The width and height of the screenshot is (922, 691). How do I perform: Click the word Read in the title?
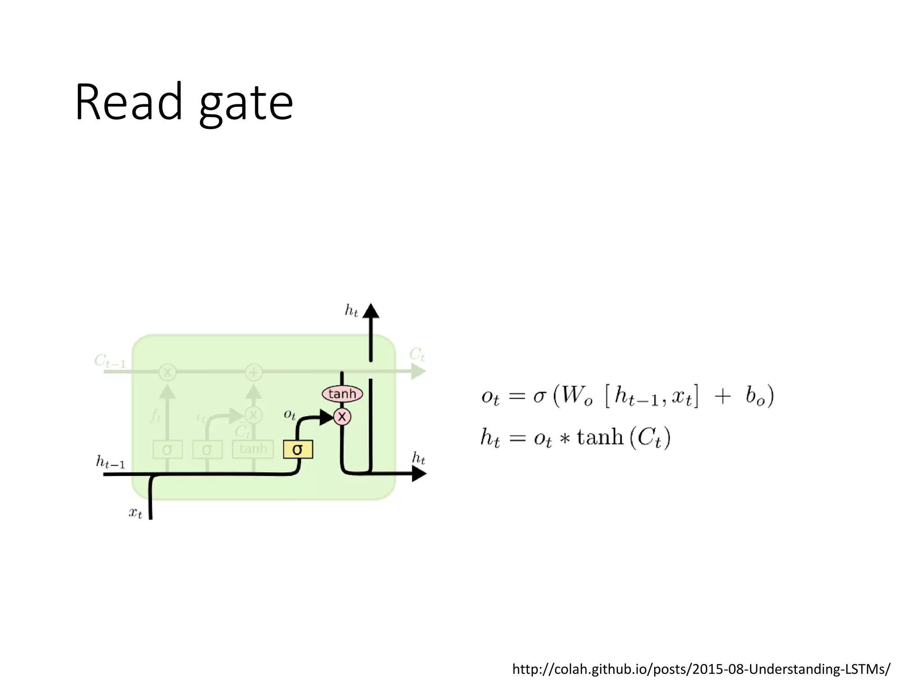(x=129, y=103)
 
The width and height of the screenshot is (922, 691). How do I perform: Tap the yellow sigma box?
(x=298, y=449)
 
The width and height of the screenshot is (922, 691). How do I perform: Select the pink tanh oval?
(x=342, y=394)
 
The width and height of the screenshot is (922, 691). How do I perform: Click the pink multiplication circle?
(x=342, y=417)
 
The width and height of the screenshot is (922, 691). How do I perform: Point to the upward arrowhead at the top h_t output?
(x=371, y=311)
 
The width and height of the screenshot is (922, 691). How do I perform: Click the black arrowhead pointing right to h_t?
(x=419, y=474)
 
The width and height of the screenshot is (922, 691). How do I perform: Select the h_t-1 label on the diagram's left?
(x=110, y=462)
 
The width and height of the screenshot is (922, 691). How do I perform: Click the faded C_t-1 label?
(x=110, y=361)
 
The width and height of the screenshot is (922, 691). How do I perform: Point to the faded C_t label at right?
(x=417, y=354)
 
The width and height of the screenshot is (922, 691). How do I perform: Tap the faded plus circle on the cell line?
(x=253, y=372)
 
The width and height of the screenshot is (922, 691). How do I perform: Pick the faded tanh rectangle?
(x=253, y=449)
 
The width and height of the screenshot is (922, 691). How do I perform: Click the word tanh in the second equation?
(x=600, y=437)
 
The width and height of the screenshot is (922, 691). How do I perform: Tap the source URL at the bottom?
(x=701, y=669)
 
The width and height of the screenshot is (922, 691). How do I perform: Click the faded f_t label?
(x=155, y=416)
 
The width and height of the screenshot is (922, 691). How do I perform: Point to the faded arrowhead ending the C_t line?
(x=419, y=372)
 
